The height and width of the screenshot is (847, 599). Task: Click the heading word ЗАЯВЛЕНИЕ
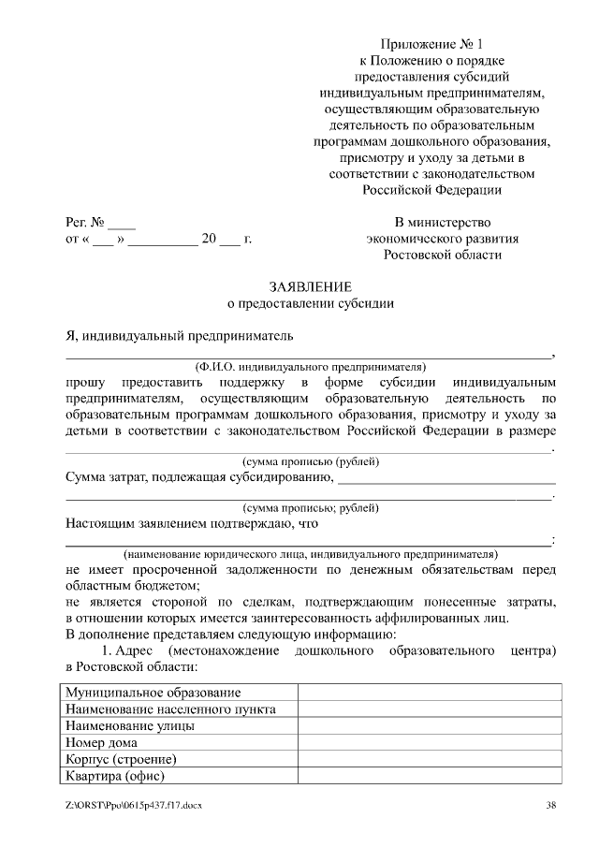310,286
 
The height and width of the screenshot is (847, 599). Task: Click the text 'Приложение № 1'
431,44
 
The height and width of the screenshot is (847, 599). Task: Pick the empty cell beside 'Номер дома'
430,742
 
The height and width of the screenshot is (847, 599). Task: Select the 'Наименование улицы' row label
130,725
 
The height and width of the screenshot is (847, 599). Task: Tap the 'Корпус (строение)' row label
122,759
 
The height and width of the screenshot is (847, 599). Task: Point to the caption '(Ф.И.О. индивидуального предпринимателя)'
310,366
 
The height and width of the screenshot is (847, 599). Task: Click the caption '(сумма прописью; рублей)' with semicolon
310,507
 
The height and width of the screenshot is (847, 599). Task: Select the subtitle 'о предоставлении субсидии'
310,303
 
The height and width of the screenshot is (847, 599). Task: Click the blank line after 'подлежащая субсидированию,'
445,479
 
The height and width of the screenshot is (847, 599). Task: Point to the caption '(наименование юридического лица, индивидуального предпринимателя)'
310,553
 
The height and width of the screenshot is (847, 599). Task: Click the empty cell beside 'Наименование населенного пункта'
430,709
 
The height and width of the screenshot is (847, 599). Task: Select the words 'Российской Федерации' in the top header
431,189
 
